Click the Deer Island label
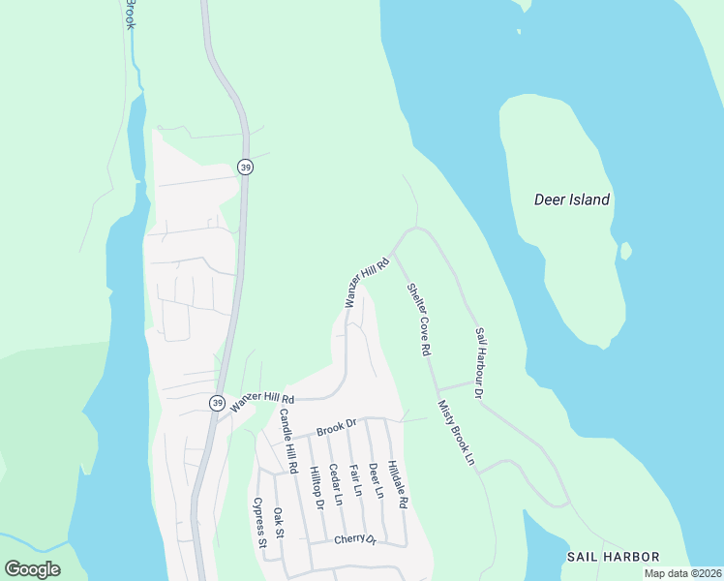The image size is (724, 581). click(x=572, y=200)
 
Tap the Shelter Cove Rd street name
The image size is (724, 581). click(x=418, y=319)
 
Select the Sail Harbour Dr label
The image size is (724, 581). click(x=479, y=363)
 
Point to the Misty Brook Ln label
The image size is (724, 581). click(x=457, y=434)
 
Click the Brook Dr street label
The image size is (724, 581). click(x=337, y=425)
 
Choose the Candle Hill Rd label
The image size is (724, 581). click(x=287, y=442)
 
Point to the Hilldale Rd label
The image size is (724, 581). click(x=398, y=484)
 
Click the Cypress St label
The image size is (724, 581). click(x=259, y=524)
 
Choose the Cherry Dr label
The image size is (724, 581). click(x=355, y=539)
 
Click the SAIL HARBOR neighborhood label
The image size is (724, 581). click(x=614, y=557)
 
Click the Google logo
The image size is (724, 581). click(x=33, y=569)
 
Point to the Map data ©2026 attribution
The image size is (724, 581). click(x=682, y=573)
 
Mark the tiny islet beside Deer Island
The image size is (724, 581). click(x=626, y=252)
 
